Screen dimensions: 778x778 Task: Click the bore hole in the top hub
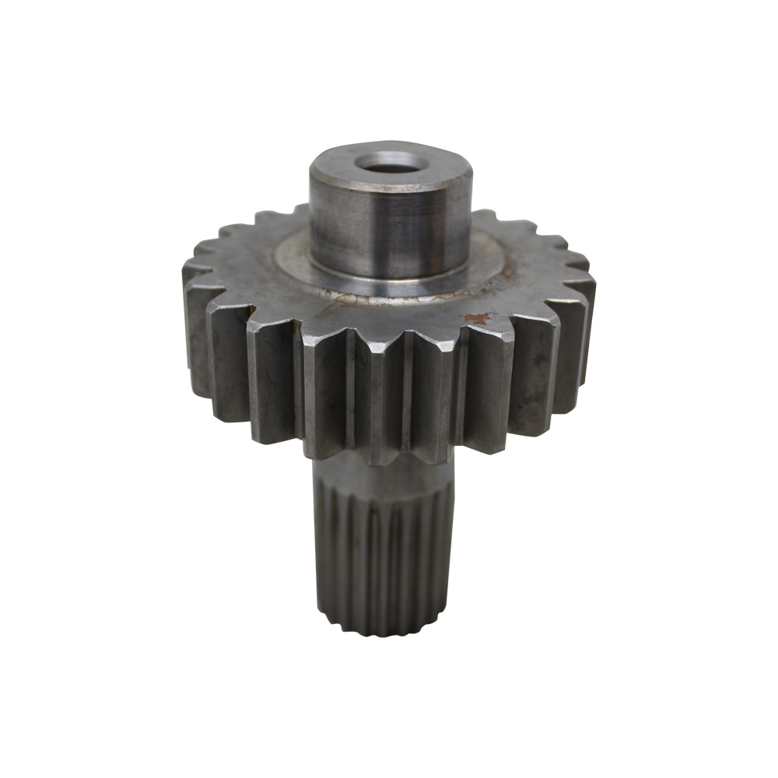point(387,164)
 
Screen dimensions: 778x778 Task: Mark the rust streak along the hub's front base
point(350,296)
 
